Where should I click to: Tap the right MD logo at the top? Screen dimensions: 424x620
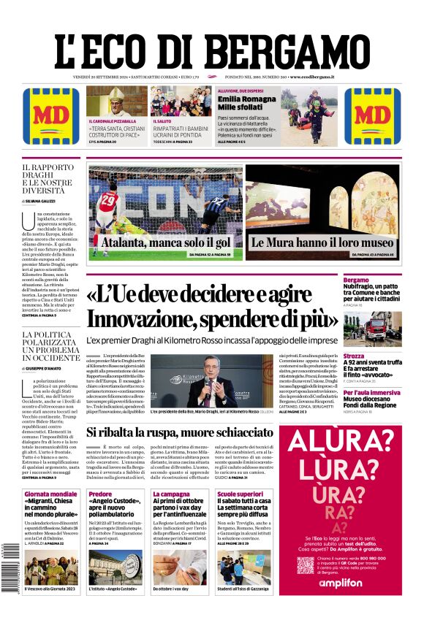[372, 115]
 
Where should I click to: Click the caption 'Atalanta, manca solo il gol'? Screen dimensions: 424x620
[166, 242]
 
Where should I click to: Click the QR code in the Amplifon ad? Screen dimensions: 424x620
[306, 564]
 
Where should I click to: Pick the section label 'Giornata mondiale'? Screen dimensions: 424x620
[50, 494]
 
